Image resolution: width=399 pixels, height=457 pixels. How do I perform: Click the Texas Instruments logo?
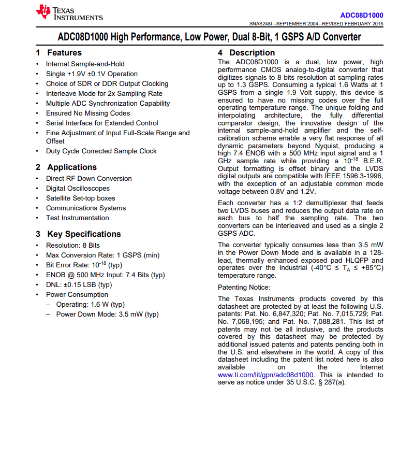[69, 13]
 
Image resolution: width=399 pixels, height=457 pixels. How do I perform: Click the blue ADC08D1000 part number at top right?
[362, 15]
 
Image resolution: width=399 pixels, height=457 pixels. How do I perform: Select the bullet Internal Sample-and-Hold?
[85, 64]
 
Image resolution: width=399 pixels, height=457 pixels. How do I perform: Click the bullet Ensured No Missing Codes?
[88, 113]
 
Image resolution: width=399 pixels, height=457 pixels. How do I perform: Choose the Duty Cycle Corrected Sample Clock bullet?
[101, 151]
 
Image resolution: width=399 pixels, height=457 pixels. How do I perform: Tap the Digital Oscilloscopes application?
[78, 189]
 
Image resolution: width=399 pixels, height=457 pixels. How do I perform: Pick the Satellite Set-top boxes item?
[80, 198]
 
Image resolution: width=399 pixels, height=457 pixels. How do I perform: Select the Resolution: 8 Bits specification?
[73, 246]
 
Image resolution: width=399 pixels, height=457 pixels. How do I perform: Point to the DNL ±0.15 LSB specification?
[79, 285]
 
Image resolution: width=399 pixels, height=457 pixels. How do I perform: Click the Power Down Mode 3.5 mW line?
[107, 315]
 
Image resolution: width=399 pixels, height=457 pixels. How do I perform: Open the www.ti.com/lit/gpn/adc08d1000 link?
[266, 375]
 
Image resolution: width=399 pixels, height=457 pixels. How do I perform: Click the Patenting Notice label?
[244, 288]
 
